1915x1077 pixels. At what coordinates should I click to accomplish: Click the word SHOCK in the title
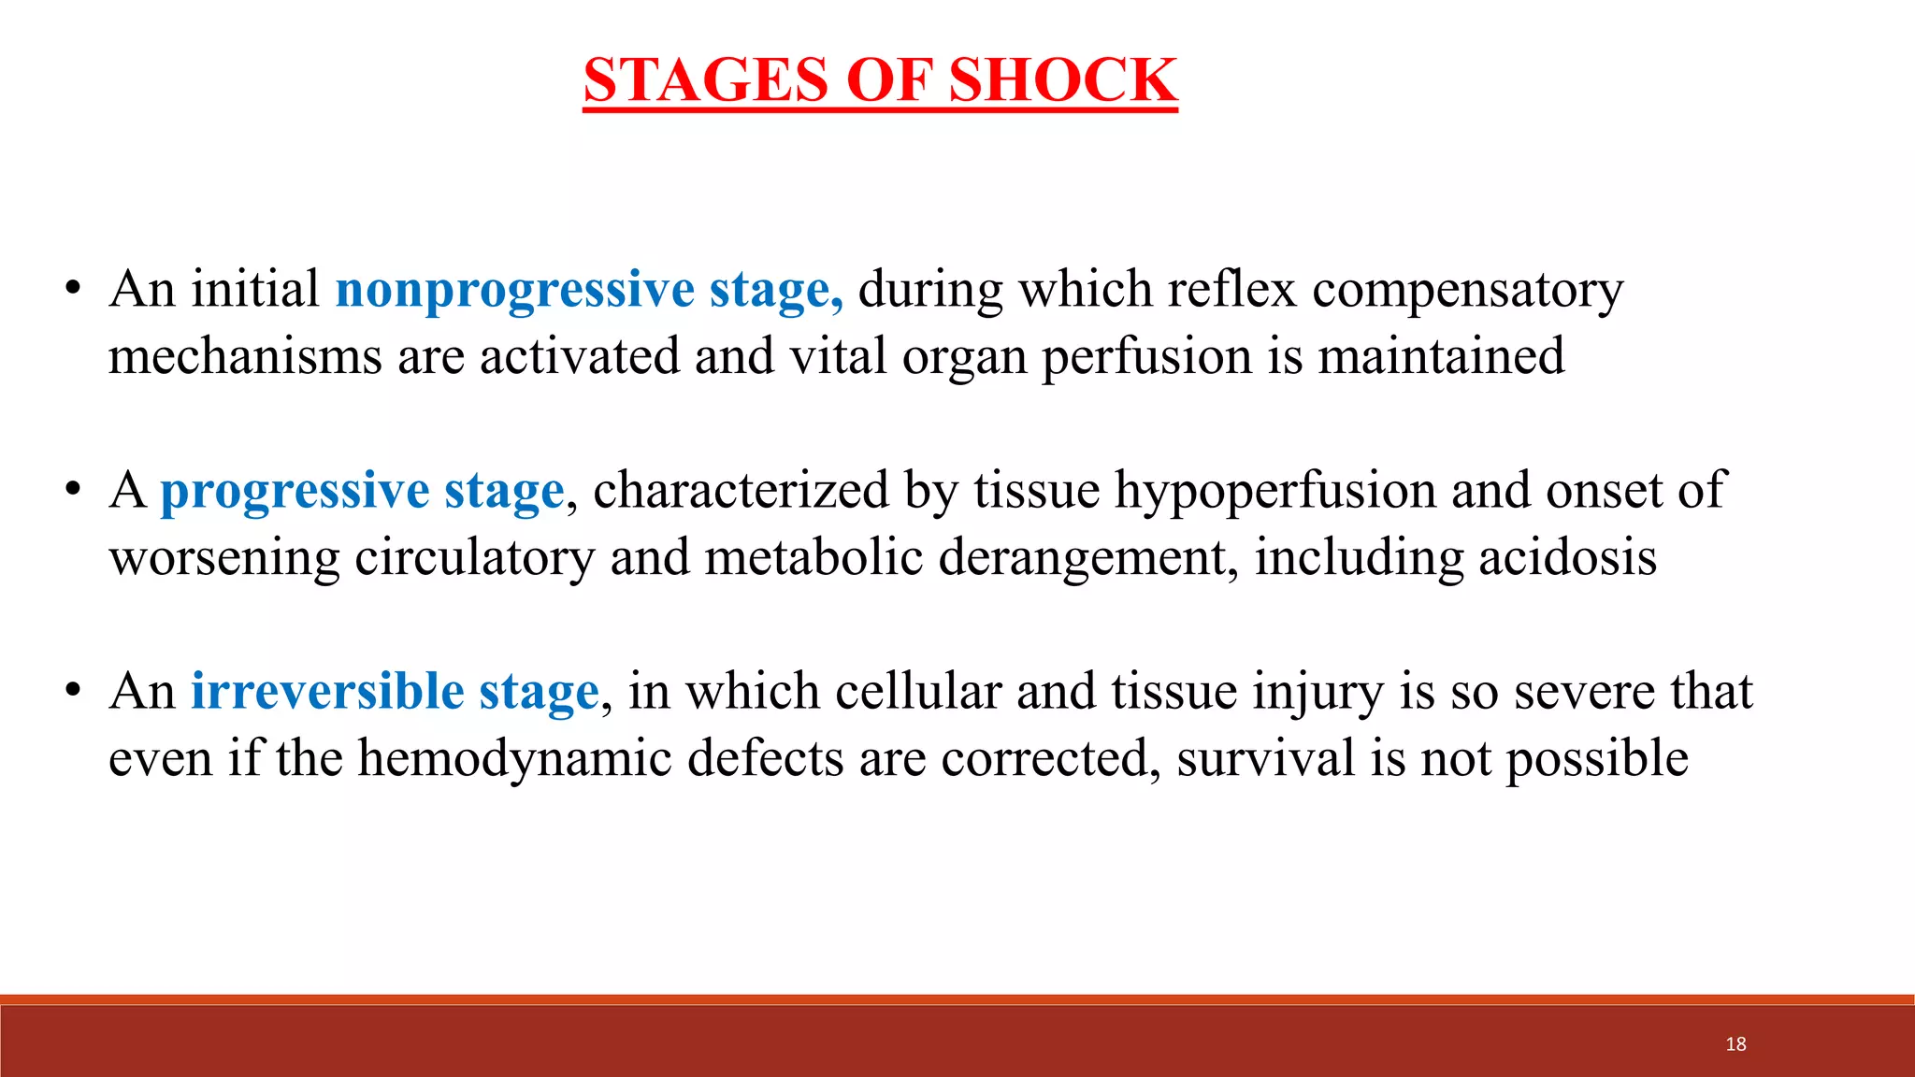point(1062,80)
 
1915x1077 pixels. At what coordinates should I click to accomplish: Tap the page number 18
point(1735,1044)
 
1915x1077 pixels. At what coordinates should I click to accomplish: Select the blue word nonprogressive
point(514,290)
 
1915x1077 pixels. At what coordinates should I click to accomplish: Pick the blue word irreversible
point(327,692)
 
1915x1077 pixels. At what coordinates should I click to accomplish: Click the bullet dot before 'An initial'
point(73,290)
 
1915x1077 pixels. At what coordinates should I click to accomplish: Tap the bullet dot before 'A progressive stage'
point(73,491)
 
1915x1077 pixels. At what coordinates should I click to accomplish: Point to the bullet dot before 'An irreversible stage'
point(73,692)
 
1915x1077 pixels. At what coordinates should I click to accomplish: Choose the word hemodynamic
point(515,759)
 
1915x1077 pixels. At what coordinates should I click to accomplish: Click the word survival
point(1265,759)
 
